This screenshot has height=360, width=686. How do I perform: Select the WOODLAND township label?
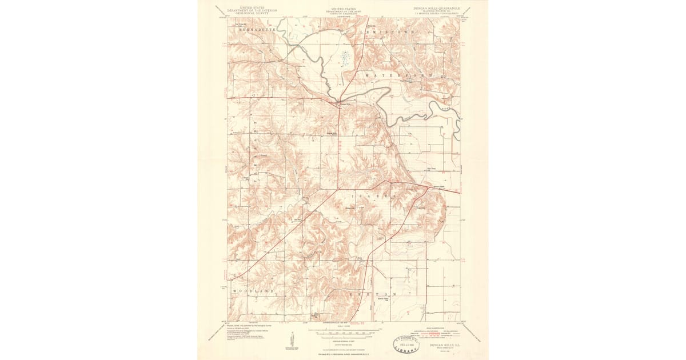(x=253, y=291)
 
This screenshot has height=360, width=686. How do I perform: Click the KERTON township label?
(x=377, y=294)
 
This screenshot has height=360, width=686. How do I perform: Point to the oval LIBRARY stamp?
(x=405, y=344)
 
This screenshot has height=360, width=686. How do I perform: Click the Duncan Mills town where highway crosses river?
(x=344, y=103)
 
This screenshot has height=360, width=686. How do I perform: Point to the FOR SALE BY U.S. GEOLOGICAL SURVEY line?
(x=343, y=355)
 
